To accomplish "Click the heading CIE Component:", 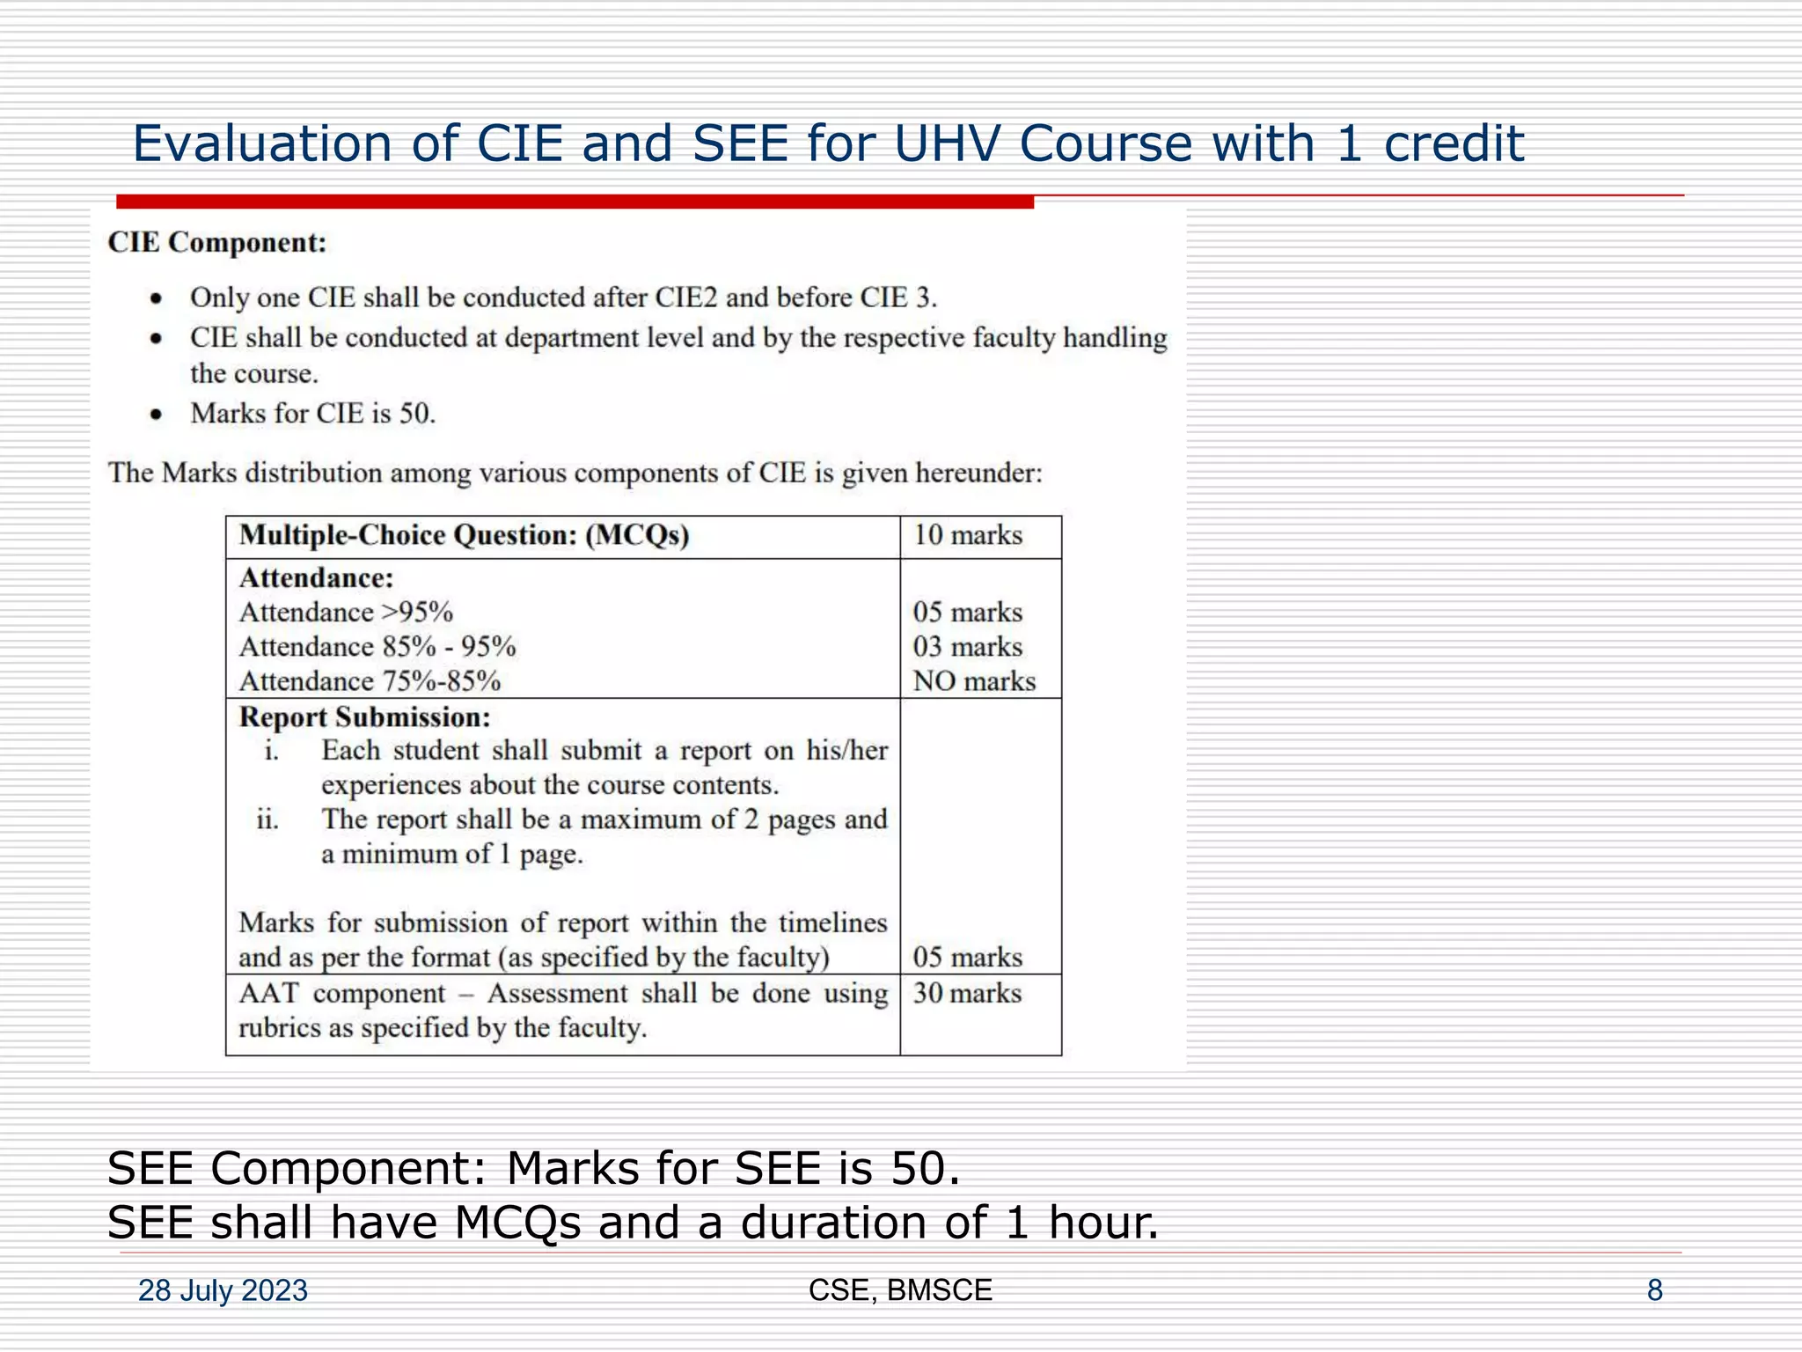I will [x=217, y=242].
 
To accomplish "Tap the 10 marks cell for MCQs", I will [x=968, y=535].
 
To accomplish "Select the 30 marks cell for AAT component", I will [x=967, y=994].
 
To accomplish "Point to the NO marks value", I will [x=974, y=681].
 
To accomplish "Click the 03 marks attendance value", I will [x=968, y=647].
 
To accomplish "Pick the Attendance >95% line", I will [x=346, y=613].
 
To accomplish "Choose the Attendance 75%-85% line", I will [x=370, y=681].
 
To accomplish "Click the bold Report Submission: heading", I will [x=364, y=717].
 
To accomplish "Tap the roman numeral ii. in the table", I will [x=267, y=820].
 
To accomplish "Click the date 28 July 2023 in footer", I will [x=223, y=1290].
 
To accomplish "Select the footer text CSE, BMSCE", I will [x=900, y=1290].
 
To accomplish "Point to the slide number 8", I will [x=1654, y=1290].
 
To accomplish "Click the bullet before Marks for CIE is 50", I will [x=156, y=415].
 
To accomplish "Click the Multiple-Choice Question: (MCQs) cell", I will [x=464, y=535].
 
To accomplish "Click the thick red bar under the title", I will [x=575, y=202].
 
